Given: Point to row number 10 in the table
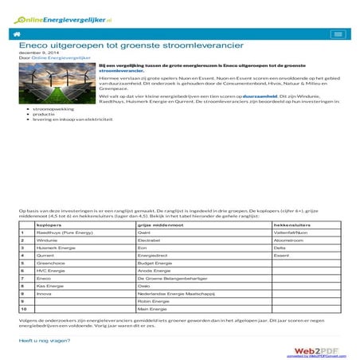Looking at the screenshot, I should (x=24, y=307).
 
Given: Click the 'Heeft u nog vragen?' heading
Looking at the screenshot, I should (x=45, y=340).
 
